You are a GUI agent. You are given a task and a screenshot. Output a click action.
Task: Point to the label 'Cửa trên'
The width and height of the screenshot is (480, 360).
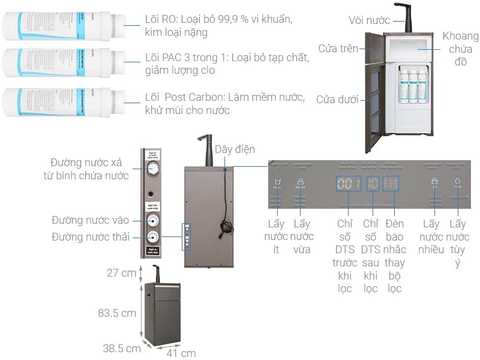tap(338, 49)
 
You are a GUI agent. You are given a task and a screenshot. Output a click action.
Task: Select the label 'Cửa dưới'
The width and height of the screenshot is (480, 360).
tap(338, 98)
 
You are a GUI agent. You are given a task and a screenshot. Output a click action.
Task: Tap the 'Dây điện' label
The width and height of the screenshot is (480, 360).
tap(235, 149)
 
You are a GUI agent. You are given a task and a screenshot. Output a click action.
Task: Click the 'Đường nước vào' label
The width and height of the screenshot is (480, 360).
tap(91, 220)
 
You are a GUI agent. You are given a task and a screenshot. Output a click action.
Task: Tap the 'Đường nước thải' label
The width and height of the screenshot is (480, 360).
tap(91, 236)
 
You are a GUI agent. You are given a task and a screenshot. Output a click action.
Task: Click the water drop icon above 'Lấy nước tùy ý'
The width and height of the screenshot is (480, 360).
tap(458, 181)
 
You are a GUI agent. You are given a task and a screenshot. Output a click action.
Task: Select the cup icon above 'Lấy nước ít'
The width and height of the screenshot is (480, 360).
tap(277, 182)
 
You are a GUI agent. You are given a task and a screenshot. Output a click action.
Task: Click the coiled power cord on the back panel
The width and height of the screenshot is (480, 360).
tap(227, 226)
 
